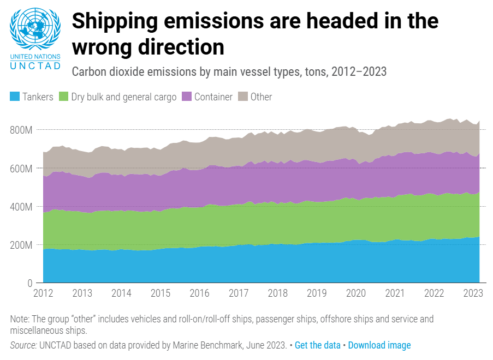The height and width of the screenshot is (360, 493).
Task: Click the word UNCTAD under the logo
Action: [x=35, y=66]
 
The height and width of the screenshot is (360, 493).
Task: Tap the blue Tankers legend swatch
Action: [x=15, y=97]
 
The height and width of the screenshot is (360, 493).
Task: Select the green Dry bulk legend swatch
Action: [x=64, y=97]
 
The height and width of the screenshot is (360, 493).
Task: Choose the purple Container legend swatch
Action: [x=187, y=97]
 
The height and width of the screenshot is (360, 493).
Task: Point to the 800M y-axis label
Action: [x=21, y=130]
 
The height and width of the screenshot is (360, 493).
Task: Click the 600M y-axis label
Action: [x=21, y=169]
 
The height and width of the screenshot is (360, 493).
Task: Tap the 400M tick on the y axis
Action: [x=21, y=207]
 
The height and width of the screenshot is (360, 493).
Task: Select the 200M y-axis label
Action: [x=21, y=245]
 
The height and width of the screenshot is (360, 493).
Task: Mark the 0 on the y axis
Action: [x=31, y=283]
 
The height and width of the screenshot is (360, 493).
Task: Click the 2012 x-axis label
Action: [x=43, y=293]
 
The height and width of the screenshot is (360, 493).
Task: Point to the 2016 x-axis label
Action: [x=199, y=293]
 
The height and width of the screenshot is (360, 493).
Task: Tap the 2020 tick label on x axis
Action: [x=355, y=293]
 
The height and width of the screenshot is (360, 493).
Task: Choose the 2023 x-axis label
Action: [x=473, y=293]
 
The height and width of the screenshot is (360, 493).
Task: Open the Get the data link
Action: [x=317, y=345]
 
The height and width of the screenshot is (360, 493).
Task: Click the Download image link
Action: [x=379, y=345]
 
